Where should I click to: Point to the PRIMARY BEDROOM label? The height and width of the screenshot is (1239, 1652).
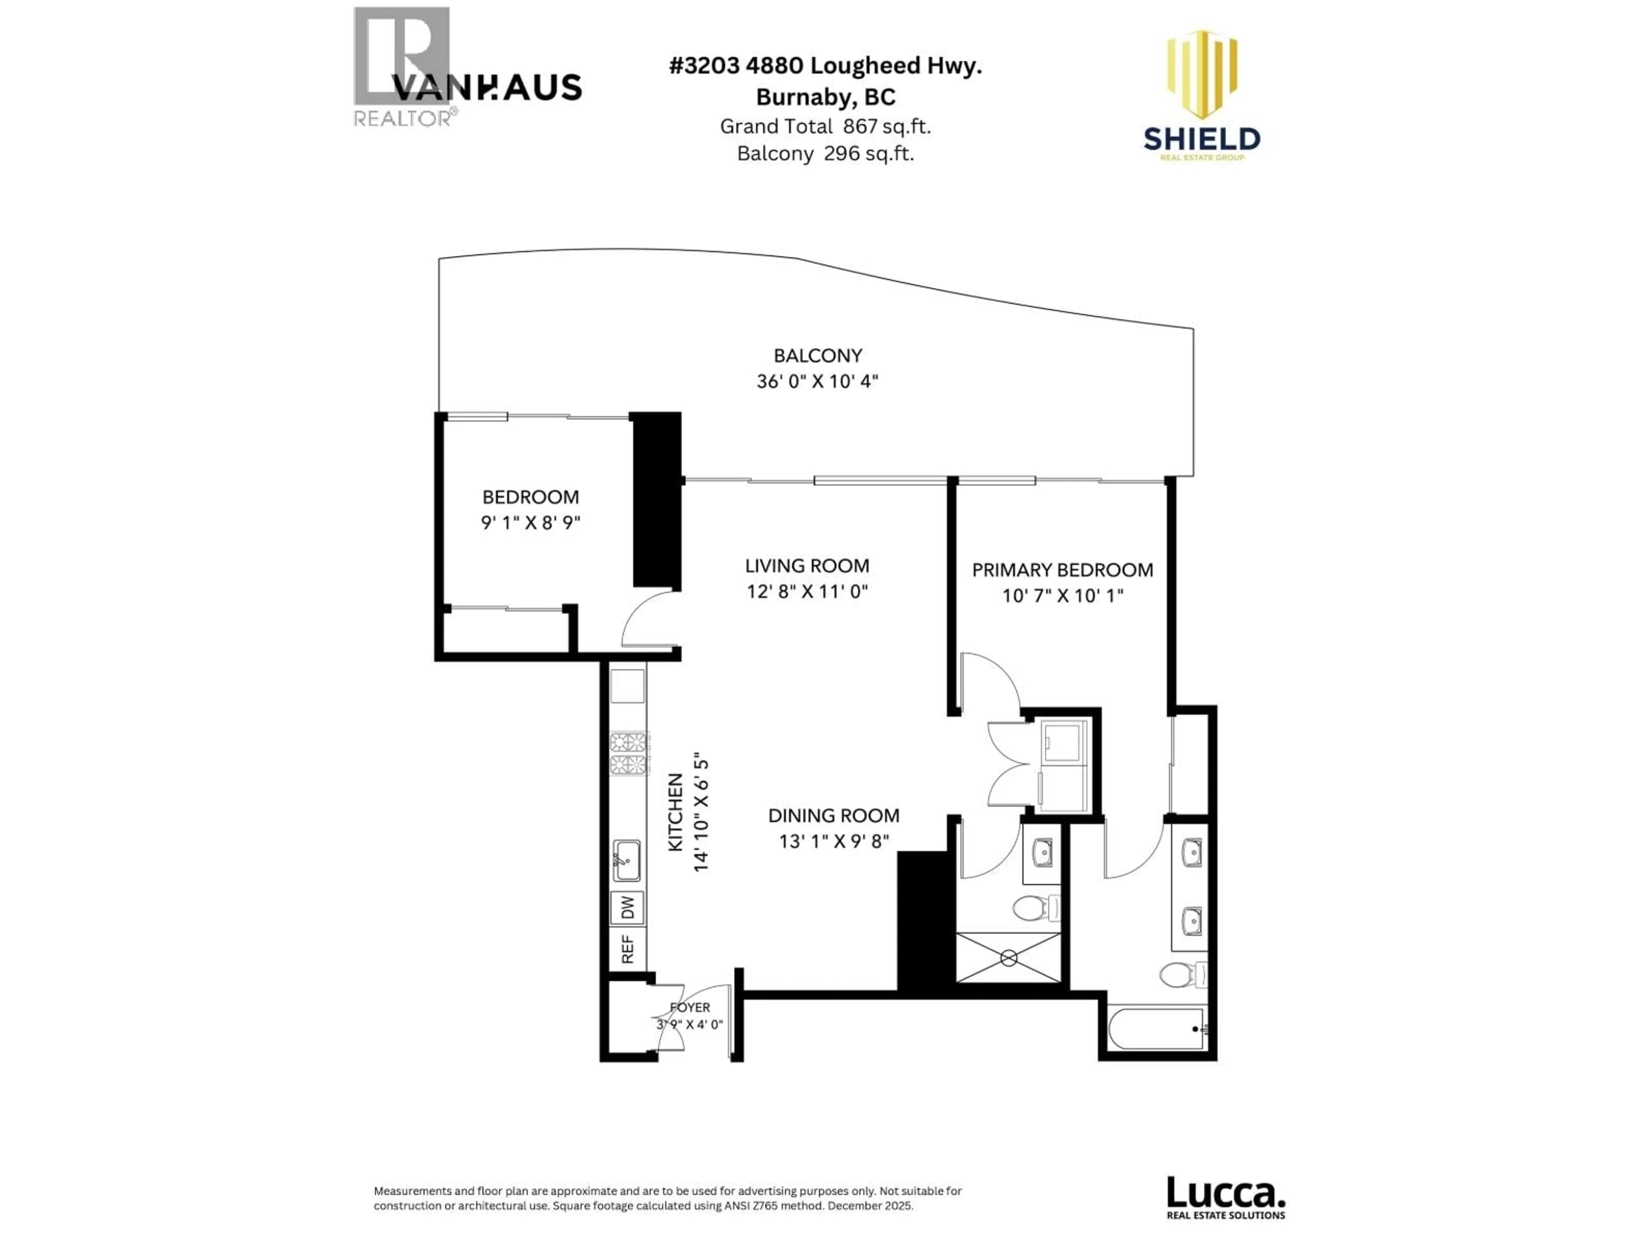(1062, 570)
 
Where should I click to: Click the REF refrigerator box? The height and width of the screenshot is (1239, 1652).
(627, 949)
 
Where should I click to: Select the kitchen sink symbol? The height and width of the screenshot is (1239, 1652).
(626, 860)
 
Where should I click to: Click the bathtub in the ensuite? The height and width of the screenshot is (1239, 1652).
(1156, 1029)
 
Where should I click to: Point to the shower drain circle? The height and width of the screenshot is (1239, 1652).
(1008, 957)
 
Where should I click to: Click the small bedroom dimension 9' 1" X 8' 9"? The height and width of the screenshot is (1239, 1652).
(530, 522)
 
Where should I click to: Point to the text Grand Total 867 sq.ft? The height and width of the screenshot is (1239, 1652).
(825, 126)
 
